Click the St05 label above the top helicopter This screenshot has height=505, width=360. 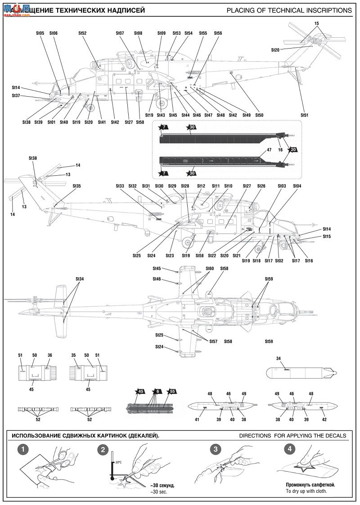[40, 33]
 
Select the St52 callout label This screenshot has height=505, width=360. [82, 33]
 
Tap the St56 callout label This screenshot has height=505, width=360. [218, 33]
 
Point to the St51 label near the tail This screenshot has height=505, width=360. [305, 115]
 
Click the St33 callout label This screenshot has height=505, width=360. [120, 186]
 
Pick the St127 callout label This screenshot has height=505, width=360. [247, 186]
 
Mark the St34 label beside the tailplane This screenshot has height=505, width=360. [80, 279]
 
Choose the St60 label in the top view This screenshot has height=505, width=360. [210, 268]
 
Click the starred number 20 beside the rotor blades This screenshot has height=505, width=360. [293, 149]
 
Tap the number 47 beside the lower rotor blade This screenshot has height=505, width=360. [269, 149]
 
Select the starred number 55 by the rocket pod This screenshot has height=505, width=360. [171, 391]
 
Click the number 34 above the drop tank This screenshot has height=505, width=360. [278, 358]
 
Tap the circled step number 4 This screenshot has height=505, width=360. [290, 449]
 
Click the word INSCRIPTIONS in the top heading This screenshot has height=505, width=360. [327, 10]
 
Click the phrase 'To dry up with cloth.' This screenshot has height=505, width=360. [306, 491]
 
